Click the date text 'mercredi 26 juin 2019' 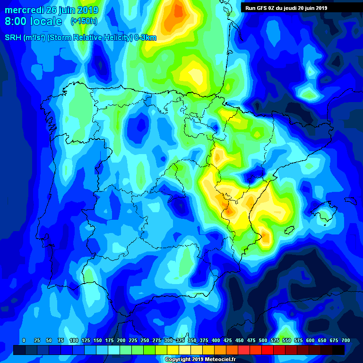[x=52, y=10]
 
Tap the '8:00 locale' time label [x=33, y=22]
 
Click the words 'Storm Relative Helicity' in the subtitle [x=88, y=38]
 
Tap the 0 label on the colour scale [x=24, y=340]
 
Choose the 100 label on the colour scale [x=74, y=340]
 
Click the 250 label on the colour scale [x=145, y=340]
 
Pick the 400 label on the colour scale [x=216, y=340]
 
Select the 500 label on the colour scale [x=263, y=340]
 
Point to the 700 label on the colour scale [x=346, y=340]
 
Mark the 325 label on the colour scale [x=180, y=340]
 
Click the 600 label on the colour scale [x=311, y=340]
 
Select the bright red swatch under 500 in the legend [x=268, y=350]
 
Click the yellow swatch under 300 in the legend [x=173, y=350]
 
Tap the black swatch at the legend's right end [x=338, y=350]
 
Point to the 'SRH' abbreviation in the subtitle [x=13, y=38]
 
